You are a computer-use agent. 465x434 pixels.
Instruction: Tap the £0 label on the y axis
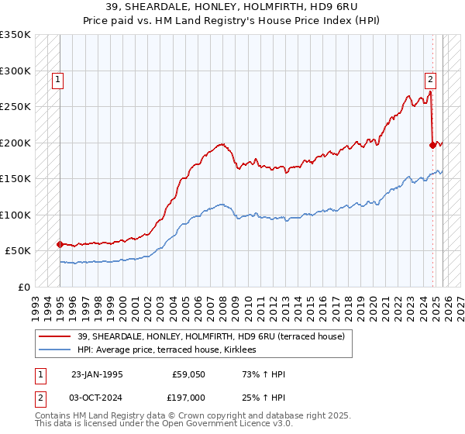23,287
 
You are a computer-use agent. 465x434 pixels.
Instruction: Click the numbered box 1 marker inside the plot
59,78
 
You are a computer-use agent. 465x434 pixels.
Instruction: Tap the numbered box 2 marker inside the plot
430,78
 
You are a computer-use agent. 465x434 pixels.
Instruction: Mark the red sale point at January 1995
60,244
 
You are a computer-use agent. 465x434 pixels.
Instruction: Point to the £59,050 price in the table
189,374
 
